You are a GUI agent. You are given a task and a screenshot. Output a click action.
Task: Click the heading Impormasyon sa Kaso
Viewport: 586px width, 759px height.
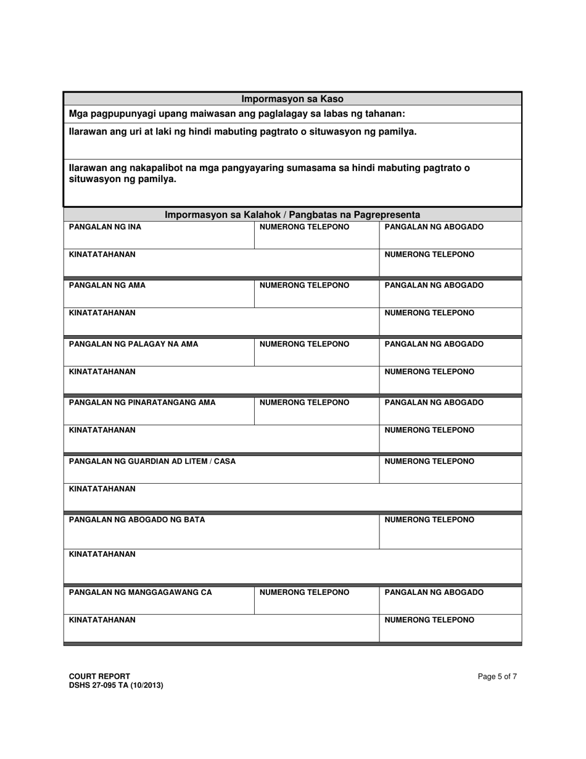pos(292,99)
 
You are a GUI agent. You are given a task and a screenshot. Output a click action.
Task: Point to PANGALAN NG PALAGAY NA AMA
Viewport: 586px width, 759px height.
pos(133,344)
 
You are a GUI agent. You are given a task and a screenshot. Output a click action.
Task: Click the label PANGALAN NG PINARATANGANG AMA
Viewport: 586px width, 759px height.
pos(142,403)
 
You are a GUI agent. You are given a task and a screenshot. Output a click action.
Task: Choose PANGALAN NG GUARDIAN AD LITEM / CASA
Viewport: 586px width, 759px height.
pos(152,461)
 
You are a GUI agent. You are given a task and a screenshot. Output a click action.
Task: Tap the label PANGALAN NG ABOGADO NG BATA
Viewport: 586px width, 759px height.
pos(136,520)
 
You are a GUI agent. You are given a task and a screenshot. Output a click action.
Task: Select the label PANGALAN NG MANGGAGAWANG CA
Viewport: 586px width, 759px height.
pos(140,592)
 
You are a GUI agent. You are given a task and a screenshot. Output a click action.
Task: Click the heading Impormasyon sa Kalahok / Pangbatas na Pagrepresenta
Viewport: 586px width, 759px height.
pos(292,215)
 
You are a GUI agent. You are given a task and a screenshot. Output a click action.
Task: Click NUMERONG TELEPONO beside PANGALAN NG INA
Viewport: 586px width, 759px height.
pos(304,227)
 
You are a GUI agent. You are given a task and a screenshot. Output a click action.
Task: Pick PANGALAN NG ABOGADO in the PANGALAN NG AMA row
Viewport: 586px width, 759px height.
pos(434,286)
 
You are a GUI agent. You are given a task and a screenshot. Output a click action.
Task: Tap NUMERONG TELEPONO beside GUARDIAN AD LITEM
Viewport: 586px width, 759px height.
pos(429,461)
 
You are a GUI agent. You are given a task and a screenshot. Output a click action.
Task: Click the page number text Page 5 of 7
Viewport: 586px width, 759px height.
pos(497,676)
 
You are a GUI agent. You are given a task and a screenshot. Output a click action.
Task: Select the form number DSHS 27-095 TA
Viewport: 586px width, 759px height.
pos(103,685)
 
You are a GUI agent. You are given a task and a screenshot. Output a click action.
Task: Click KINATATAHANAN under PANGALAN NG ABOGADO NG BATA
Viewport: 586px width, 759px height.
pos(102,554)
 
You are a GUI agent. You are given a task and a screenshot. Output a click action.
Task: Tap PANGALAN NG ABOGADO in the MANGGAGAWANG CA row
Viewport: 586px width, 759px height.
pos(434,592)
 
